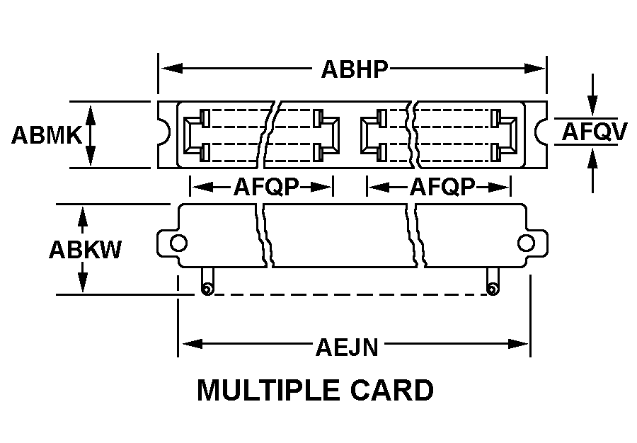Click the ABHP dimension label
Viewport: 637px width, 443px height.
pyautogui.click(x=355, y=69)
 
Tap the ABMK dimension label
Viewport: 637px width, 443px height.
pyautogui.click(x=47, y=134)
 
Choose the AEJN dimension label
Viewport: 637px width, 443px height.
pyautogui.click(x=347, y=347)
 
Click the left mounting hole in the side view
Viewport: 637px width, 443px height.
pyautogui.click(x=178, y=243)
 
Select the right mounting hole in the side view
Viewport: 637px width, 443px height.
pyautogui.click(x=525, y=243)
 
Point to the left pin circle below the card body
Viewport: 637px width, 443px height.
pyautogui.click(x=206, y=289)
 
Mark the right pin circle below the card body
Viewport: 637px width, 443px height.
pyautogui.click(x=491, y=289)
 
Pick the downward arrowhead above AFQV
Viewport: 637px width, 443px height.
pyautogui.click(x=593, y=106)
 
